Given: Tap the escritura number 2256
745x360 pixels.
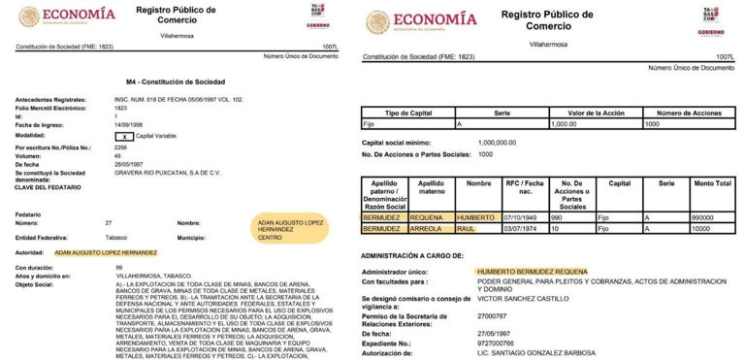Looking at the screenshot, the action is (x=122, y=147).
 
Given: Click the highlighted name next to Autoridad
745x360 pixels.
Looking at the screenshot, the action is (x=105, y=251).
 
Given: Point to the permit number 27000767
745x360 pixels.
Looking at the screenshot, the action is (x=493, y=315).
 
